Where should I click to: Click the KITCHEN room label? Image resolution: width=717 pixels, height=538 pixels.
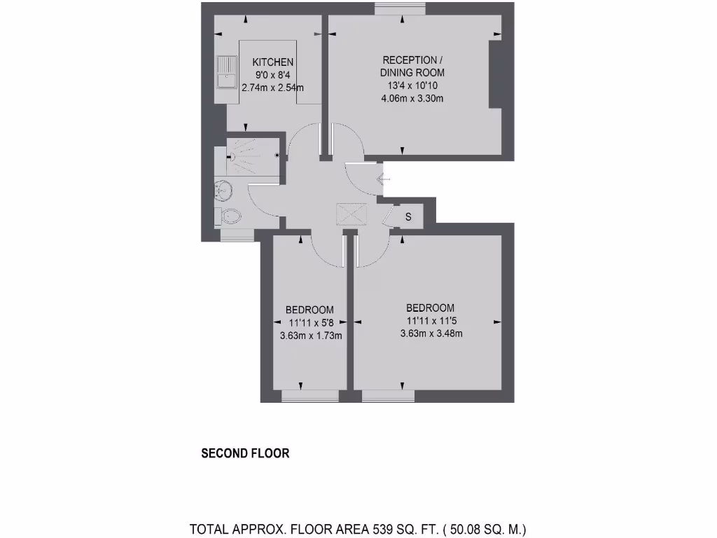pos(273,62)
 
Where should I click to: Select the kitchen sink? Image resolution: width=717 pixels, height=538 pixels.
pos(225,73)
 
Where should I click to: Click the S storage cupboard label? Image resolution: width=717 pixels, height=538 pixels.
pos(409,217)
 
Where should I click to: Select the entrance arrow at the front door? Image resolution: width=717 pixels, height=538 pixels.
pos(382,180)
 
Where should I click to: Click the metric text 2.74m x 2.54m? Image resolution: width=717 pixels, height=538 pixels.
pos(272,88)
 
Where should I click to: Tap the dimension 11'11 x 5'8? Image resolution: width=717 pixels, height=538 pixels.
pos(309,323)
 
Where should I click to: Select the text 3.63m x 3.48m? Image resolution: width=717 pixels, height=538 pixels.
pos(431,333)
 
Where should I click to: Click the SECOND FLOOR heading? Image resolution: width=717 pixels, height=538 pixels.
pos(245,453)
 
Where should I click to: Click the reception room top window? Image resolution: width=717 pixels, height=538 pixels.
pos(400,8)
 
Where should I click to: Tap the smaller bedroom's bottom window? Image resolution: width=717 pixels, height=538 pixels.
pos(309,396)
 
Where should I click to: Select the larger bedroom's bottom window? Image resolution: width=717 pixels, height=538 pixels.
pos(388,396)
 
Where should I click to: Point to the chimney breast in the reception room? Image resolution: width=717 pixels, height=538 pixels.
pos(495,74)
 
